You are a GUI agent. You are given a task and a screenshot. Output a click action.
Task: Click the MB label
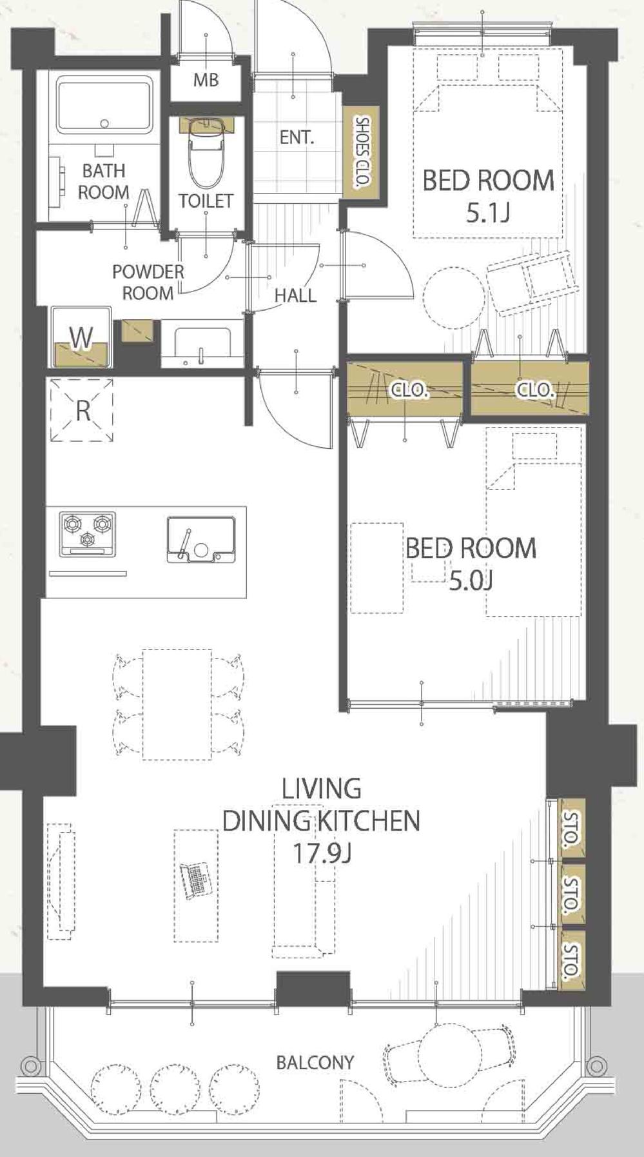pos(206,80)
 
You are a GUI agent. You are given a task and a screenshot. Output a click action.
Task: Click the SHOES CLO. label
pos(362,152)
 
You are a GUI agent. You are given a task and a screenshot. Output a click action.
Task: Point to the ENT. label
pos(297,137)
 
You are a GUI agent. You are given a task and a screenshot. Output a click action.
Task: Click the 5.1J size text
pos(487,213)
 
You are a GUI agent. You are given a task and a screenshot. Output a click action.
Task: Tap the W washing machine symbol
pos(81,337)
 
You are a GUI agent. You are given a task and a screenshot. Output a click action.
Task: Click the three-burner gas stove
pos(88,534)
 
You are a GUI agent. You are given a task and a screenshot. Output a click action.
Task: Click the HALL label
pos(295,296)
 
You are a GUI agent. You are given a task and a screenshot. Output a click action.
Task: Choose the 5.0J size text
pos(471,582)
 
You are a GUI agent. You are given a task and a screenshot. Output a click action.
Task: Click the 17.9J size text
pos(322,853)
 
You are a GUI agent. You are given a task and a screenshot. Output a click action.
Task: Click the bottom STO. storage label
pos(571,960)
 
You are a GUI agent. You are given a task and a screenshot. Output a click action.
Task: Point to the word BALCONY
pos(315,1062)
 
